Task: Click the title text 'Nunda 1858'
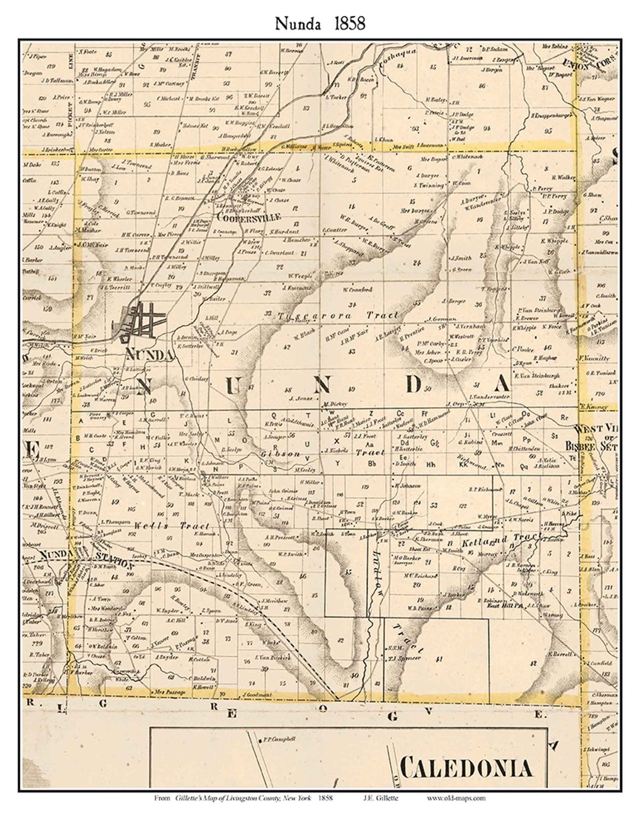pos(319,23)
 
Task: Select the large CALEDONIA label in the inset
pos(466,769)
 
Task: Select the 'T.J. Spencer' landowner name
pos(407,658)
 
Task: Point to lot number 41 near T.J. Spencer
pos(439,659)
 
